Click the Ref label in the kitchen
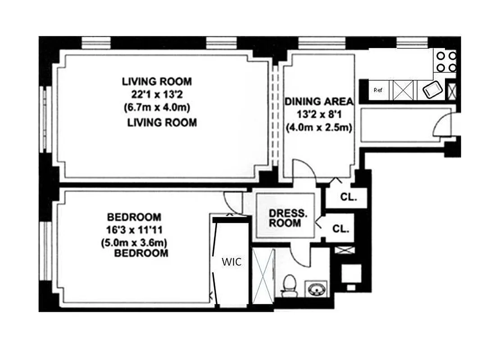click(378, 90)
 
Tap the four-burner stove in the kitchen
click(445, 62)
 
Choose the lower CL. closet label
click(341, 229)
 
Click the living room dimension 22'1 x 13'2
click(157, 95)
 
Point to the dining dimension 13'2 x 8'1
click(319, 114)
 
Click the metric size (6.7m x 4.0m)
click(157, 108)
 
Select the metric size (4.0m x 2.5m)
click(319, 127)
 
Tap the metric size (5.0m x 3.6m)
click(135, 243)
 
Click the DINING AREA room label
click(319, 101)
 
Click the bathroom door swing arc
click(300, 256)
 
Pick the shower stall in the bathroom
click(263, 276)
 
